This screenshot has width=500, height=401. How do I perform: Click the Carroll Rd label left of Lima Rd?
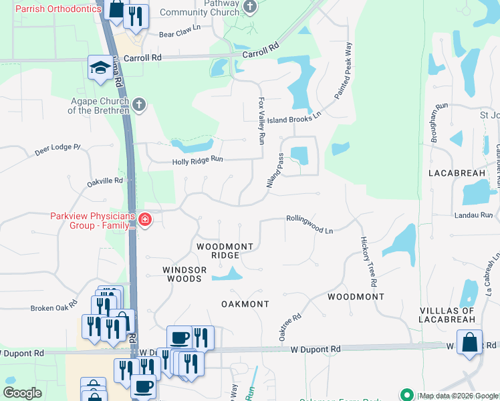coord(148,58)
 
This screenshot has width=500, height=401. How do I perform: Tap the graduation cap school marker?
coord(100,68)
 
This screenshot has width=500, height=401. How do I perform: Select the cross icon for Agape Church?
coord(138,104)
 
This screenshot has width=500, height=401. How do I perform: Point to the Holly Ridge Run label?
coord(197,160)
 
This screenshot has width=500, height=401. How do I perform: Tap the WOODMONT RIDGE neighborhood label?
coord(225,251)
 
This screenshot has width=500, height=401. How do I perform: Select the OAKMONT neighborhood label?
coord(245,304)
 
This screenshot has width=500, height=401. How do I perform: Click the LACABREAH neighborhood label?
coord(457,173)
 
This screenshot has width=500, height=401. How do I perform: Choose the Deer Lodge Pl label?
coord(57,150)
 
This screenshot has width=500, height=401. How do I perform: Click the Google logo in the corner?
coord(23,393)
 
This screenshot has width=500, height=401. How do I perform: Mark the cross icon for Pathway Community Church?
coord(250,7)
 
